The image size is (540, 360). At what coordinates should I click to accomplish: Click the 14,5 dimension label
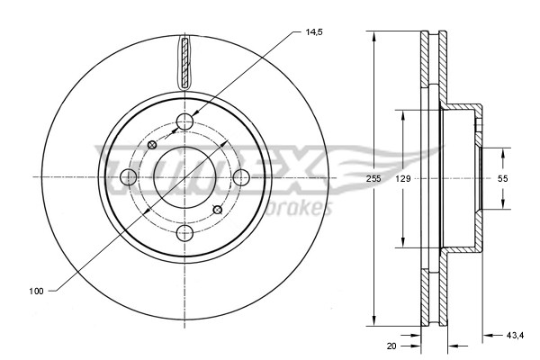point(314,32)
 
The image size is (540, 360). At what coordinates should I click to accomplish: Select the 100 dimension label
point(37,291)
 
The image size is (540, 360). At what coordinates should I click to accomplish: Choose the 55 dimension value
point(503,179)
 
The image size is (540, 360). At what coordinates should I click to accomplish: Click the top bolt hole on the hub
point(185,121)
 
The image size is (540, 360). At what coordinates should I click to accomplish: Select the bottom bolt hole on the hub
point(185,234)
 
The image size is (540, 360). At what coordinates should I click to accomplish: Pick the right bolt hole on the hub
point(241,177)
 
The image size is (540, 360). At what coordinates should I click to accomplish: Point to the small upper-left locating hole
point(152,144)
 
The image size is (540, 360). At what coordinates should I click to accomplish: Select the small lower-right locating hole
point(216,210)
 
